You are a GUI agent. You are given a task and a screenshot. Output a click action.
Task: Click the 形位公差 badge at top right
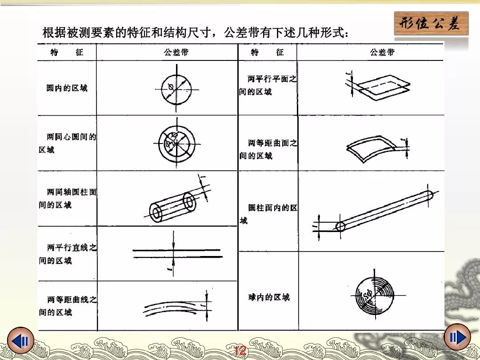click(431, 24)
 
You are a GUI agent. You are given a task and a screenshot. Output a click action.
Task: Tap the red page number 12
click(240, 352)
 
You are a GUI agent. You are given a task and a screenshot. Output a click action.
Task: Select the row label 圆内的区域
click(67, 88)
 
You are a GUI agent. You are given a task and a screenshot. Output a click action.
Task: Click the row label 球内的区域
click(269, 297)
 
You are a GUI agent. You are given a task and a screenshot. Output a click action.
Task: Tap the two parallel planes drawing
click(378, 85)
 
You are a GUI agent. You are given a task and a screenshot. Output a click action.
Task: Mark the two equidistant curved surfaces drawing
click(376, 147)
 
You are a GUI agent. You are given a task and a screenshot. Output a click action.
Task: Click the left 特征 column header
click(67, 52)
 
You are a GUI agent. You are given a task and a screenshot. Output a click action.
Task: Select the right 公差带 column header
click(382, 52)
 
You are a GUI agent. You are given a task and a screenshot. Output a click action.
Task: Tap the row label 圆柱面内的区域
click(268, 214)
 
